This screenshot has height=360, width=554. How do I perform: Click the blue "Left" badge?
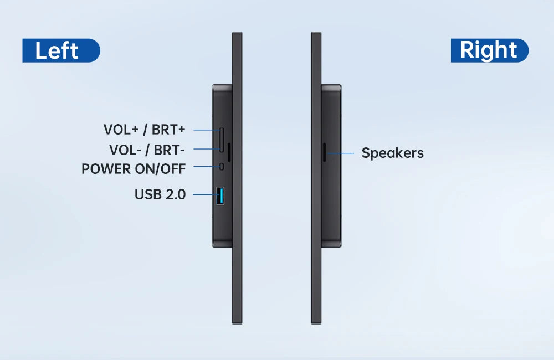coord(61,50)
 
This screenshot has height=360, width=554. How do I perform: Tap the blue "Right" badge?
coord(490,50)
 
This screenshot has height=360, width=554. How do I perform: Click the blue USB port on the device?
coord(220,196)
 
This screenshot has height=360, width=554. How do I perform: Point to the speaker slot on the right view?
coord(324,152)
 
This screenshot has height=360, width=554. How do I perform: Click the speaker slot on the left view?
coord(229,152)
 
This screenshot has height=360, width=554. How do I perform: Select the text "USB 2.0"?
coord(160,194)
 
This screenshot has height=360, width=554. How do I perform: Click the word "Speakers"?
coord(393,153)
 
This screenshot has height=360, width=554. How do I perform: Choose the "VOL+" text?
coord(121,130)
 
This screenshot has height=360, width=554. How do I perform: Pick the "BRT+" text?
coord(168,130)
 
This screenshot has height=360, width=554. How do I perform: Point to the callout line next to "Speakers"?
coord(340,153)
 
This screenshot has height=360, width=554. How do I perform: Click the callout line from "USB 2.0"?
coord(205,194)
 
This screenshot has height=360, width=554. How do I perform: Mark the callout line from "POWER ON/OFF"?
coord(207,166)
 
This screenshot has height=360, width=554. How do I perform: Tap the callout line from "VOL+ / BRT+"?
coord(207,130)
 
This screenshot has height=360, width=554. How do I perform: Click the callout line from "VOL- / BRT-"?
coord(207,149)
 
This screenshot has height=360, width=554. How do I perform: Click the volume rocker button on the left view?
coord(222,140)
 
